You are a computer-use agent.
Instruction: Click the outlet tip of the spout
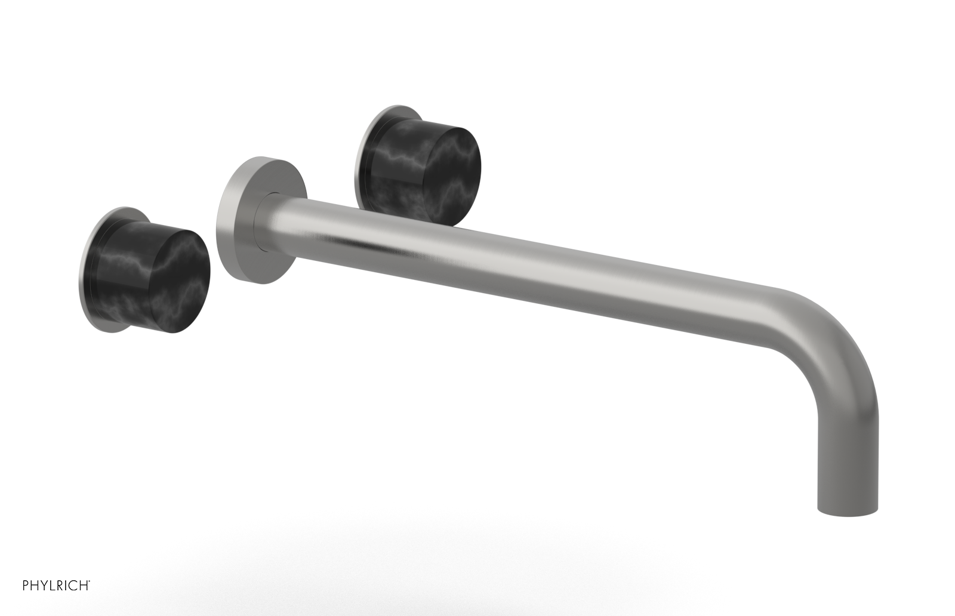point(846,507)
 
